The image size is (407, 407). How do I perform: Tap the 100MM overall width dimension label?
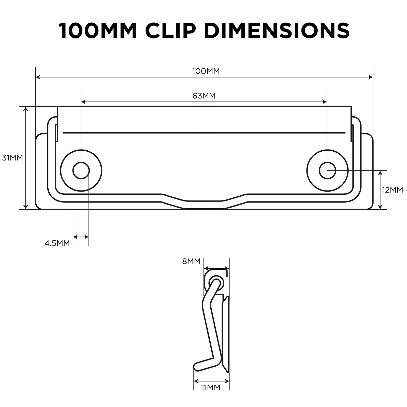coord(206,71)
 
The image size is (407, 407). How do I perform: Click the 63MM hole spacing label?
coord(204,96)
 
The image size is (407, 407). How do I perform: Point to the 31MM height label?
coord(12,158)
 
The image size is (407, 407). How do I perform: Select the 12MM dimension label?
coord(393,190)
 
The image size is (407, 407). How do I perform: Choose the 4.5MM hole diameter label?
coord(57,243)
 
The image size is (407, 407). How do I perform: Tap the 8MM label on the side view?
coord(191,261)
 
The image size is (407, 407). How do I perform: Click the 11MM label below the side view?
coord(211,395)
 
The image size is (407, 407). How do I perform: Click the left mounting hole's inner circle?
coord(81,170)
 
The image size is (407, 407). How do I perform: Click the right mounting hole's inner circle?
coord(327,170)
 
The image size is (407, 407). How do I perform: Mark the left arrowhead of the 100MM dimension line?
coord(38,77)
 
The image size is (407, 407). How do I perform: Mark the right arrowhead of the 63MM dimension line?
coord(325,102)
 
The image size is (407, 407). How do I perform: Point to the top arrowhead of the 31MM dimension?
coord(25,109)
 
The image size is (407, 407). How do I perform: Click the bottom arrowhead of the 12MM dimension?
coord(380,207)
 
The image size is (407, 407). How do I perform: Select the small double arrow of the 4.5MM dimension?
coord(81,237)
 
